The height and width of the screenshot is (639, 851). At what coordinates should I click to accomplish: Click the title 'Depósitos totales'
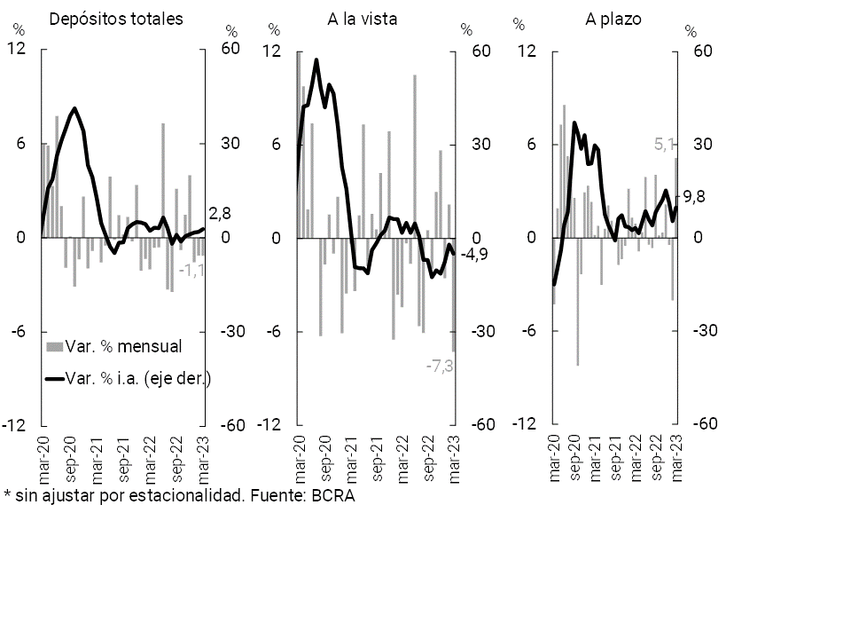click(x=116, y=19)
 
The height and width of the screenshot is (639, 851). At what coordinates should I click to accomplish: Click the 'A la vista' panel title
click(x=363, y=19)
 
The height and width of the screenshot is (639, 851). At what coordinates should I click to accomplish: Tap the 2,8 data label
click(x=220, y=214)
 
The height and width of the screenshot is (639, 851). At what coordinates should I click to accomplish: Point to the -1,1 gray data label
click(x=192, y=270)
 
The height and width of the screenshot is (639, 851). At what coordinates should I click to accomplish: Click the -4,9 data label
click(x=474, y=255)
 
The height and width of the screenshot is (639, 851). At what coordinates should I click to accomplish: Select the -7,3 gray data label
click(x=441, y=366)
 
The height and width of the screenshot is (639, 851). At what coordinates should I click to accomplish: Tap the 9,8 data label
click(x=694, y=198)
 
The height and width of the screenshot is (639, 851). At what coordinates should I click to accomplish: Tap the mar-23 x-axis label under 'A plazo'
click(x=679, y=461)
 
